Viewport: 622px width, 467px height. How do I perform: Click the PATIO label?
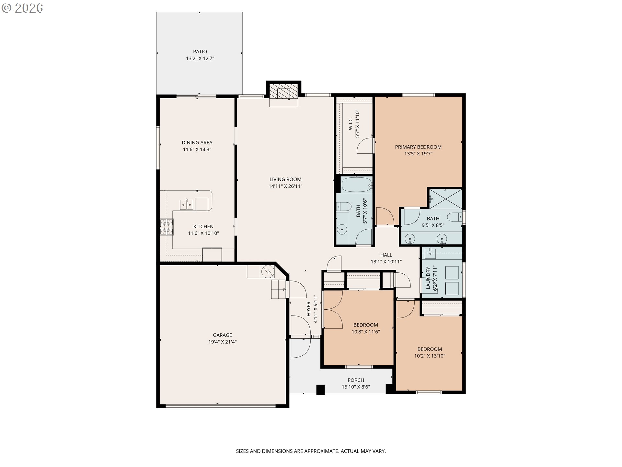200,52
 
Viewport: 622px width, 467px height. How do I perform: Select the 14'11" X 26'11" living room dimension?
285,186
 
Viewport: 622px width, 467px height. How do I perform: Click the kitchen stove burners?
167,227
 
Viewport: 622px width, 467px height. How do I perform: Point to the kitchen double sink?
187,205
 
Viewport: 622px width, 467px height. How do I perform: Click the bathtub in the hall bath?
356,185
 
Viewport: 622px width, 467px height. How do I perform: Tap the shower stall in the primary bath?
445,199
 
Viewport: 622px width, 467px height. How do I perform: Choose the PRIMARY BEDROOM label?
418,147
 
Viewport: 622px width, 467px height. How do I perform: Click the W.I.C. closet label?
351,124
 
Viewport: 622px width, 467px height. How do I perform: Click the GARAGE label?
223,335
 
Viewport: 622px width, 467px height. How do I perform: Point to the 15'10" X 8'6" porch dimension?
356,387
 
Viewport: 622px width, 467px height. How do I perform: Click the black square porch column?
320,389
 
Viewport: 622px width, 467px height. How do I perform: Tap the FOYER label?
308,309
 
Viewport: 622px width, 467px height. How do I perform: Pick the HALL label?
386,255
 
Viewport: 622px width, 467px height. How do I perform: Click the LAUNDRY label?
428,278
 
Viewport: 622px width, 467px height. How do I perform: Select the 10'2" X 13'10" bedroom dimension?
430,356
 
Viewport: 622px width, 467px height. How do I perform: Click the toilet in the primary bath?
455,217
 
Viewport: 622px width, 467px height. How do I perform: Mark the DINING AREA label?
197,143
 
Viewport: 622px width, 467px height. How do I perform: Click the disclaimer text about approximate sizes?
311,451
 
